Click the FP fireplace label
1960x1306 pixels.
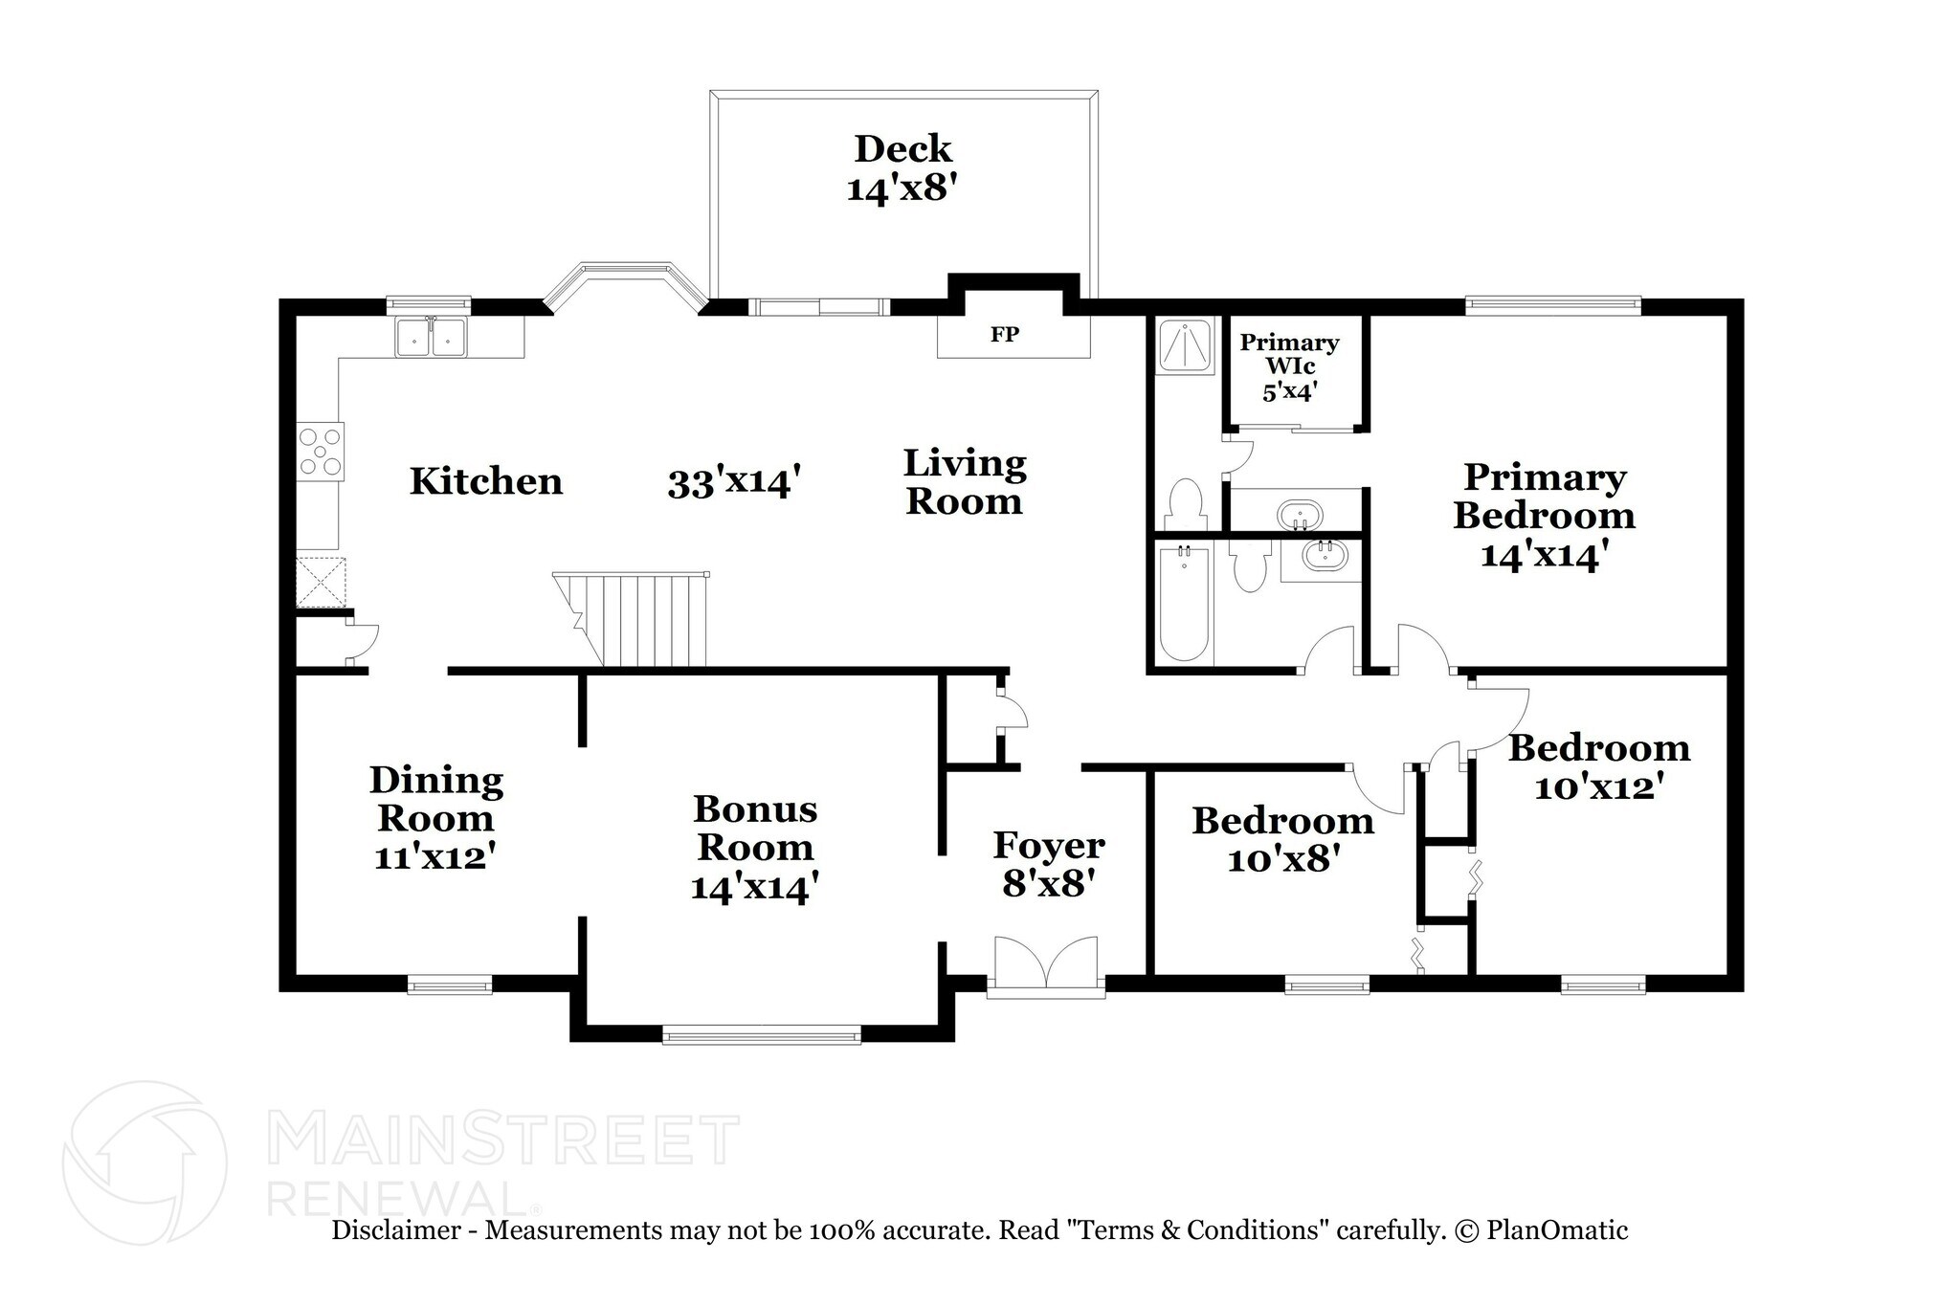pos(1004,334)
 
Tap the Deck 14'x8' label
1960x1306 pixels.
pos(902,168)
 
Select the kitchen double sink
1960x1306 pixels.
pos(431,337)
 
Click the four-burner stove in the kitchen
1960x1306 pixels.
pos(321,452)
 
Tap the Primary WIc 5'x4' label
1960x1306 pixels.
pos(1289,366)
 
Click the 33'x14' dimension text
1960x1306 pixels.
pos(733,483)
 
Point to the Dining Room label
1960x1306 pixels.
pos(436,800)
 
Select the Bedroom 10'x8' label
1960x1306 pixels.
pos(1282,839)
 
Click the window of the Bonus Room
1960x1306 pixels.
pos(762,1033)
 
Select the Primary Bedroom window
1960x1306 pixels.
pos(1552,306)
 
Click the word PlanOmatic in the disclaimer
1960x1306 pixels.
pos(1556,1230)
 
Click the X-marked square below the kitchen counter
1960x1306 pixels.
pos(320,582)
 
